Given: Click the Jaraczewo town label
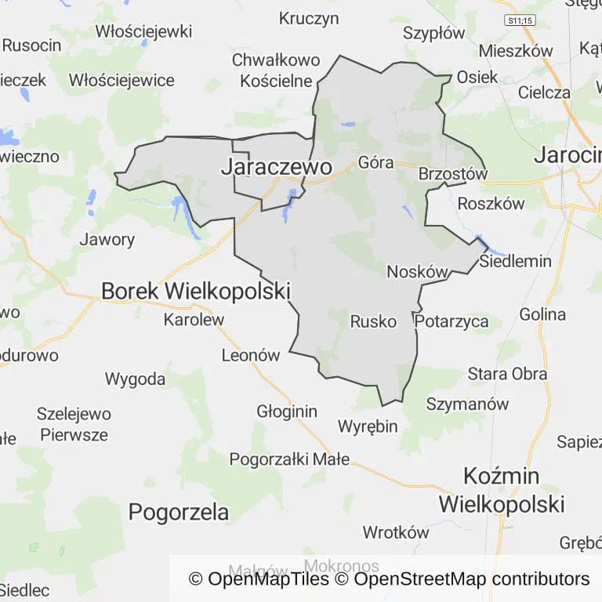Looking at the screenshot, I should pos(276,167).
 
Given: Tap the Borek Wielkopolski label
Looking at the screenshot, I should pos(195,292).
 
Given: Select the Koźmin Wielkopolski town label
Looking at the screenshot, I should pos(502,489).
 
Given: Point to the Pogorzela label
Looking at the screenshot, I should pos(179,513).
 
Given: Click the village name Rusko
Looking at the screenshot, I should pos(373,321).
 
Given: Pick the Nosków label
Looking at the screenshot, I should pos(418,272).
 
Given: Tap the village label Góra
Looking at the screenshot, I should pos(375,163).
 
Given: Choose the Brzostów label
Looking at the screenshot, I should pos(453,174).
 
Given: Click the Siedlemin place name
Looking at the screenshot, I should pos(516,261).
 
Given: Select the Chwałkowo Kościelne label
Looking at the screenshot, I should pos(276,71).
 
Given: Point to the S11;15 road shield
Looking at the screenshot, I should pos(519,20).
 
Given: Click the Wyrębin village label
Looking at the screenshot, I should pos(368,426).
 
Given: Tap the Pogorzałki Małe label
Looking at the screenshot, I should pos(289,459).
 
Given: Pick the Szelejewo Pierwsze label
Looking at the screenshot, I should pos(74,424).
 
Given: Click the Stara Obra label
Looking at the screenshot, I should pos(507,373).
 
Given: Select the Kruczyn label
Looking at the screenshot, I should pos(309,18).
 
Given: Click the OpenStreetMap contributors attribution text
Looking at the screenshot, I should pos(472,579).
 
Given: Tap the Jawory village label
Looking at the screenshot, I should pos(107,240).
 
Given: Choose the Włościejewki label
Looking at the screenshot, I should pos(143,31).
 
